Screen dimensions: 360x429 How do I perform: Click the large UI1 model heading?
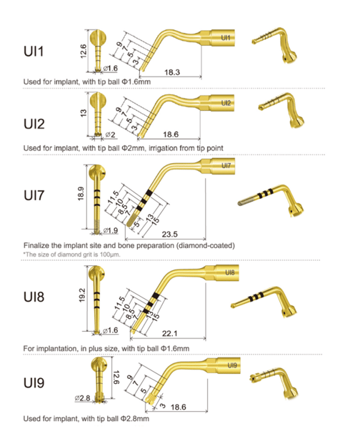[34, 51]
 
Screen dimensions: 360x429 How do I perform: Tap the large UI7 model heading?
[34, 195]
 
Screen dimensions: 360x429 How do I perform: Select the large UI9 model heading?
[34, 383]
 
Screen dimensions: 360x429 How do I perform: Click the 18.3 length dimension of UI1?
[172, 72]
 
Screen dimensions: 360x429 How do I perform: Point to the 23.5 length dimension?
[169, 235]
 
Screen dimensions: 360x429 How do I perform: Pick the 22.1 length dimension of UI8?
[169, 333]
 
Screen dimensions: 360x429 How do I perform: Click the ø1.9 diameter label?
[111, 230]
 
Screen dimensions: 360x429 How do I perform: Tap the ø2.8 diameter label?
[83, 398]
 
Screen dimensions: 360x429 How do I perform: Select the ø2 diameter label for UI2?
[110, 134]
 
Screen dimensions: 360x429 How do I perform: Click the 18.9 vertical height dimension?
[81, 194]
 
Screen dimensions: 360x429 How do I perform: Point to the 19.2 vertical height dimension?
[82, 295]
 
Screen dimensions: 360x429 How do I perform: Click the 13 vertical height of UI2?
[83, 113]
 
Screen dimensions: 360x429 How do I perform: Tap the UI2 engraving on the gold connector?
[226, 103]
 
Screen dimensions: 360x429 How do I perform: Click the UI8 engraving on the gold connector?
[230, 272]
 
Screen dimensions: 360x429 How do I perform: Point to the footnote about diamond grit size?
[71, 255]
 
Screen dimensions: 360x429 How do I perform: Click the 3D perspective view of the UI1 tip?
[274, 45]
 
